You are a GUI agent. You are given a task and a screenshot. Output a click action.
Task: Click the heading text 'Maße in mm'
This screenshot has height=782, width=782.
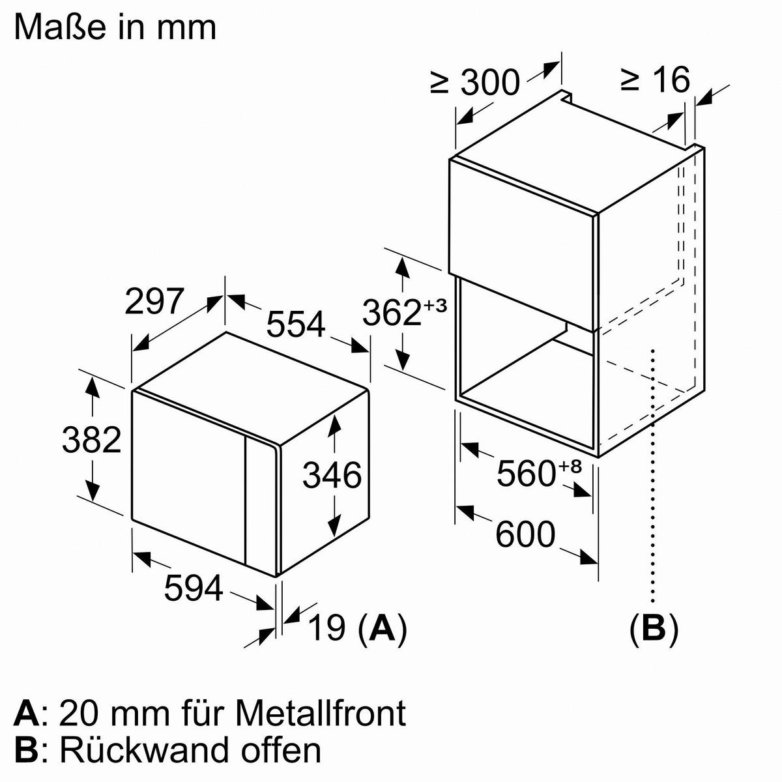click(x=115, y=27)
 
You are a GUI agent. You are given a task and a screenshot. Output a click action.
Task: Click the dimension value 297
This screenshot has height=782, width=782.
click(x=154, y=302)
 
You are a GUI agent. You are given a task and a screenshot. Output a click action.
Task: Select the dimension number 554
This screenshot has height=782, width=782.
click(x=295, y=323)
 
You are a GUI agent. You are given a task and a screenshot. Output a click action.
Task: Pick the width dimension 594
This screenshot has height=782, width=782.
click(x=194, y=588)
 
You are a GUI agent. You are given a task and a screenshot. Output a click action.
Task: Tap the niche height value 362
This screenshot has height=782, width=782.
click(x=392, y=312)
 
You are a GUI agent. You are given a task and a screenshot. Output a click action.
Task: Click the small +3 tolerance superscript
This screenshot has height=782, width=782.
click(x=435, y=305)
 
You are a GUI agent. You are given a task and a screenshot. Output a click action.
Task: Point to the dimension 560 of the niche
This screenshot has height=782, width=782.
click(x=525, y=473)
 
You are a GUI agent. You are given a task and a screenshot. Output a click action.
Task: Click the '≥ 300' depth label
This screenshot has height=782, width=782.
click(x=475, y=83)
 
